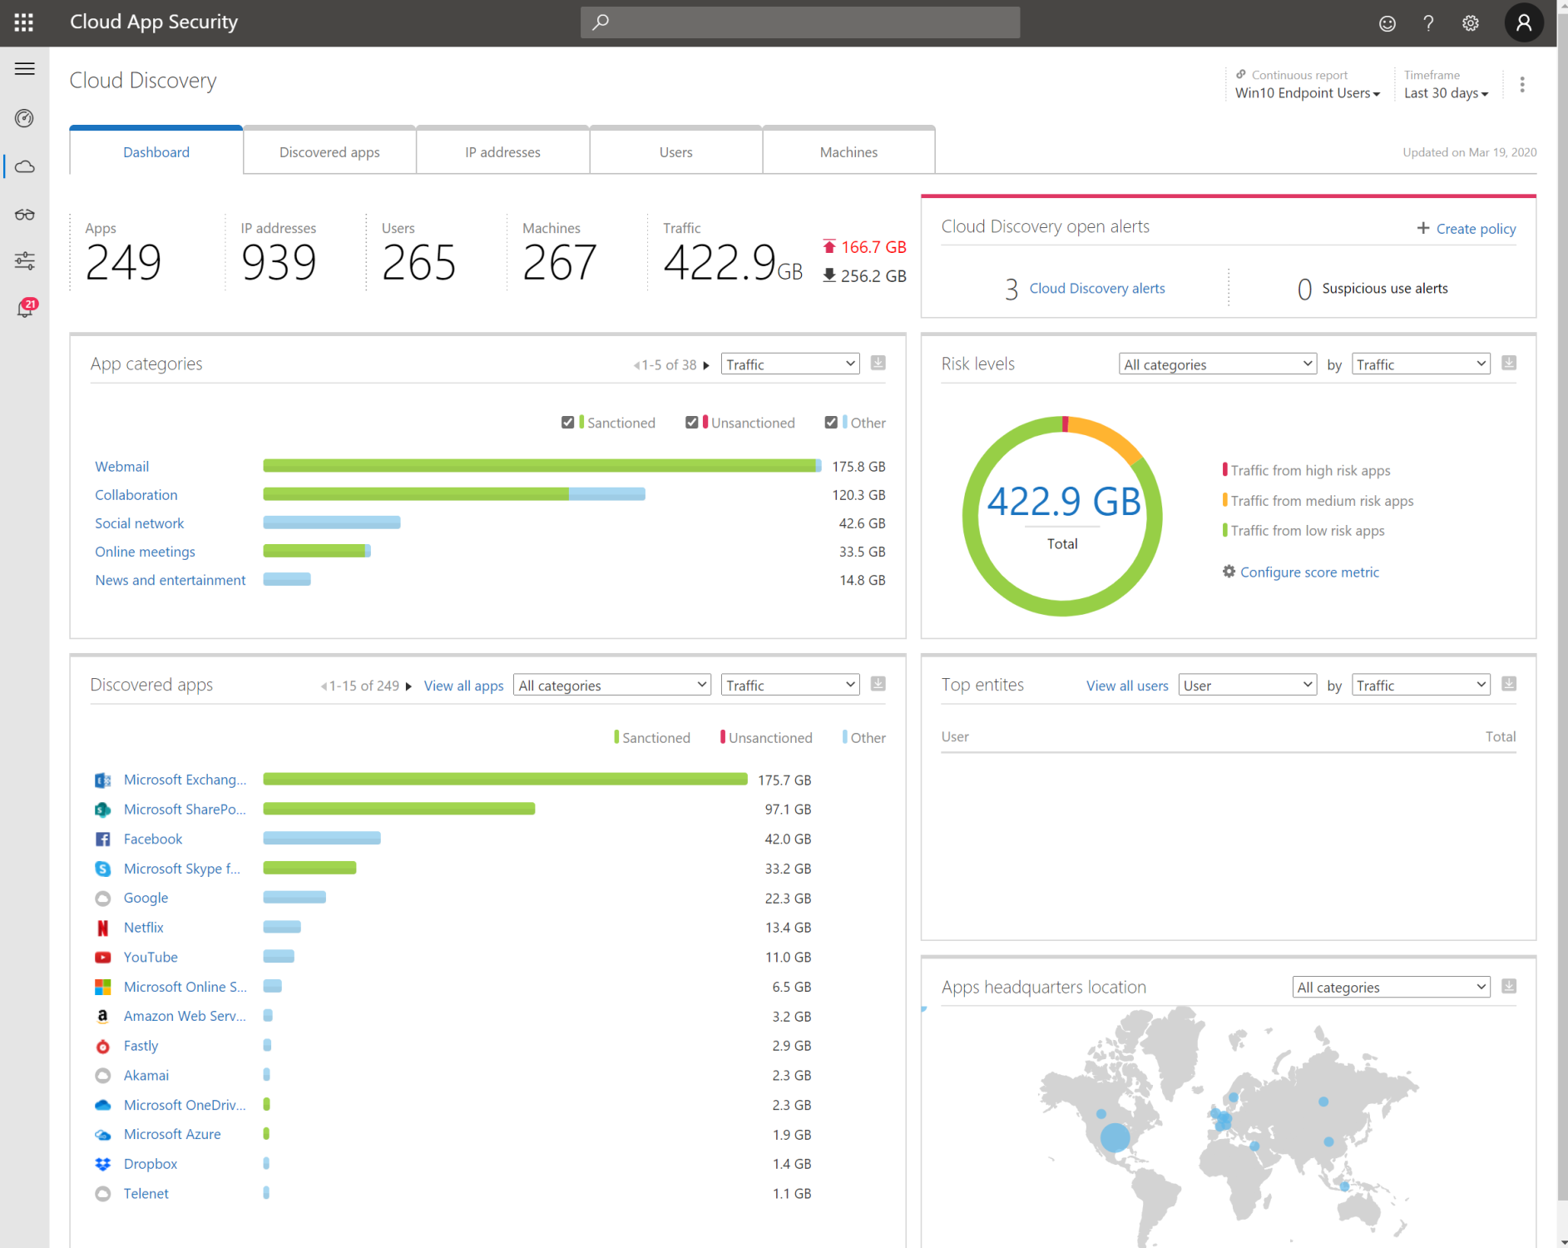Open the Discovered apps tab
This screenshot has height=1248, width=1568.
tap(329, 152)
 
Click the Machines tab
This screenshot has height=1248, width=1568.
tap(848, 152)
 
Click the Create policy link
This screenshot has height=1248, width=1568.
tap(1475, 229)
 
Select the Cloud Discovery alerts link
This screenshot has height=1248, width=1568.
tap(1096, 289)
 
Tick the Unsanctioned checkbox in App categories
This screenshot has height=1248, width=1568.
tap(691, 423)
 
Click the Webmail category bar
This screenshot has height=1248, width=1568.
tap(541, 466)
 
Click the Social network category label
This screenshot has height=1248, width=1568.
tap(139, 523)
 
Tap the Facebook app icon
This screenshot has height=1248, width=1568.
tap(103, 839)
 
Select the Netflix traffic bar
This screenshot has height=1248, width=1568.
tap(282, 927)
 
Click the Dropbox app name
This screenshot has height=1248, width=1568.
tap(151, 1164)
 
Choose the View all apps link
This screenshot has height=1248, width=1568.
tap(463, 686)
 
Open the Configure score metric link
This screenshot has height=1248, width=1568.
tap(1308, 572)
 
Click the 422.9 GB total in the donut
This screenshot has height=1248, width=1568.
tap(1063, 502)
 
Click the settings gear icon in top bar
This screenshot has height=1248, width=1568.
tap(1470, 23)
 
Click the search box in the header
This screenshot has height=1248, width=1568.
tap(799, 22)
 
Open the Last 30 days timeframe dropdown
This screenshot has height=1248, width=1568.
tap(1446, 93)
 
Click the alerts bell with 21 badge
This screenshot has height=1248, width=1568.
tap(25, 309)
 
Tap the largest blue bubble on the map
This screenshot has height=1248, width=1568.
tap(1115, 1137)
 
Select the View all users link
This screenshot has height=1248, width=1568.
tap(1126, 686)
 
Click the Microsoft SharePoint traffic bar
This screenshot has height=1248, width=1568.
tap(398, 809)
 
